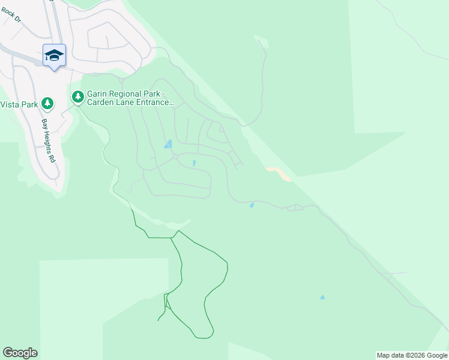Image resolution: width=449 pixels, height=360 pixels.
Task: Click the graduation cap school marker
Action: click(x=54, y=56)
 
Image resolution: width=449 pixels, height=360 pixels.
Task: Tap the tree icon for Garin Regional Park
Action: click(x=77, y=97)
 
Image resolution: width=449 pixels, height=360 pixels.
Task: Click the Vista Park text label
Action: click(x=19, y=104)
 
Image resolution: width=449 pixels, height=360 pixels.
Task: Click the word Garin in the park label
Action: click(x=97, y=94)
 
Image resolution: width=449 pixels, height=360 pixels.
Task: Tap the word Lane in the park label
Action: click(x=127, y=103)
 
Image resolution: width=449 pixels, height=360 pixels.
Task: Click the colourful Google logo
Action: click(x=20, y=353)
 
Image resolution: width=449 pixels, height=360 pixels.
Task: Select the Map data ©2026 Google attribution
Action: click(x=412, y=355)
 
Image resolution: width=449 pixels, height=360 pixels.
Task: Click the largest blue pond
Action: click(x=169, y=145)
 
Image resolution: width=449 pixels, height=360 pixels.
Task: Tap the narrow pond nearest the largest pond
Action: click(x=194, y=163)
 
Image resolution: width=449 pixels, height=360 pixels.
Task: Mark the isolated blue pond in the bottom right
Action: click(x=322, y=298)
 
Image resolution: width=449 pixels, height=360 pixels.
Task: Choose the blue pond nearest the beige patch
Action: click(x=252, y=206)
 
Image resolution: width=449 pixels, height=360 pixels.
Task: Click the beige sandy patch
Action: click(x=279, y=173)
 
